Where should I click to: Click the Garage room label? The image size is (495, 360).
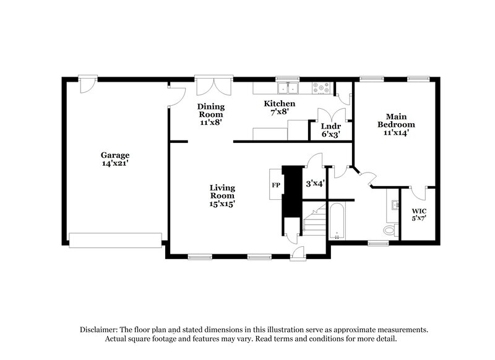click(116, 155)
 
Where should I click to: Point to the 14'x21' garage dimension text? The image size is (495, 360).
click(116, 164)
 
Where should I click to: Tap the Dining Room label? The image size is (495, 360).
click(211, 110)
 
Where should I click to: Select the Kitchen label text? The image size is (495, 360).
click(279, 103)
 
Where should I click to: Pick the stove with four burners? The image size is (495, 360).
click(322, 88)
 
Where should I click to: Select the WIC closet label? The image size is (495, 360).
click(419, 210)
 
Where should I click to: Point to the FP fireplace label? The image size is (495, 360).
click(276, 185)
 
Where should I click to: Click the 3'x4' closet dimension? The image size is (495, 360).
click(315, 184)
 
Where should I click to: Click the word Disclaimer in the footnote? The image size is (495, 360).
click(101, 330)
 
